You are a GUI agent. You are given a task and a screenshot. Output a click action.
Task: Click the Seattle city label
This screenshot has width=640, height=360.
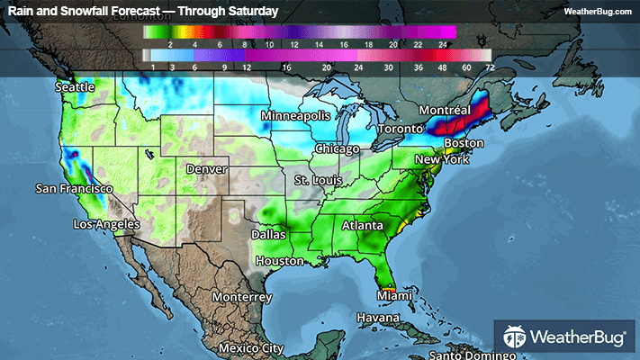[77, 88]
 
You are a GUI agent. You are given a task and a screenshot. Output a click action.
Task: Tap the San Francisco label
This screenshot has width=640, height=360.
[74, 189]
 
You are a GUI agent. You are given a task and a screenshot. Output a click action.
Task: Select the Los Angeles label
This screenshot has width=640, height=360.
[106, 223]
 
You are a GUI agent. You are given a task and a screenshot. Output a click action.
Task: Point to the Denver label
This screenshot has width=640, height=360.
[205, 169]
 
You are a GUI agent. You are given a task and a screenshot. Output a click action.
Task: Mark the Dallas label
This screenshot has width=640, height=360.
[270, 233]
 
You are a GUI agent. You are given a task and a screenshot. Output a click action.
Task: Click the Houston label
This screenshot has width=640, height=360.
[279, 261]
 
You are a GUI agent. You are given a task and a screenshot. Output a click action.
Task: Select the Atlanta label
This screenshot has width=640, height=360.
[363, 226]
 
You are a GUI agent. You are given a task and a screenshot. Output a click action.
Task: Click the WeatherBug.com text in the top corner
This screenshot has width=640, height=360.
[599, 12]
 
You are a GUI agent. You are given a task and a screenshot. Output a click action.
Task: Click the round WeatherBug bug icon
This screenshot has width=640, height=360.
[517, 338]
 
